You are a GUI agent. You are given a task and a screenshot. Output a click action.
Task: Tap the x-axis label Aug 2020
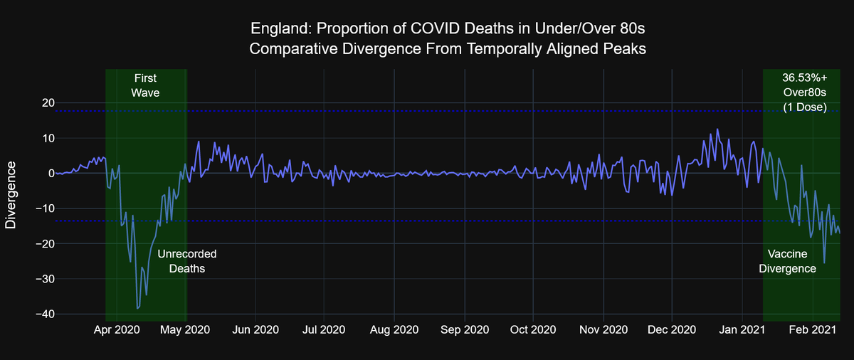(394, 330)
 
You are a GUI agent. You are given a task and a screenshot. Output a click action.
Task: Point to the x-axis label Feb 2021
(812, 330)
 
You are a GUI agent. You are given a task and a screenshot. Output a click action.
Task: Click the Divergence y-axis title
(11, 194)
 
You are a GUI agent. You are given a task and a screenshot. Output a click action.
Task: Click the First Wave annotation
(145, 85)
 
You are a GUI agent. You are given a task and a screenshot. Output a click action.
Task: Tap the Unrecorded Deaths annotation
(186, 261)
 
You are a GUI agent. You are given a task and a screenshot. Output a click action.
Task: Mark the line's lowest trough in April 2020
(137, 309)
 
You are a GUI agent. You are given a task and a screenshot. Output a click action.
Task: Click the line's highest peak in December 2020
(717, 129)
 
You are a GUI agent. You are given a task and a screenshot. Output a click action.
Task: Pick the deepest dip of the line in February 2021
(824, 263)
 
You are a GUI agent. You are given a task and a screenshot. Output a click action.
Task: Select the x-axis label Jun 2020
(255, 330)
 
